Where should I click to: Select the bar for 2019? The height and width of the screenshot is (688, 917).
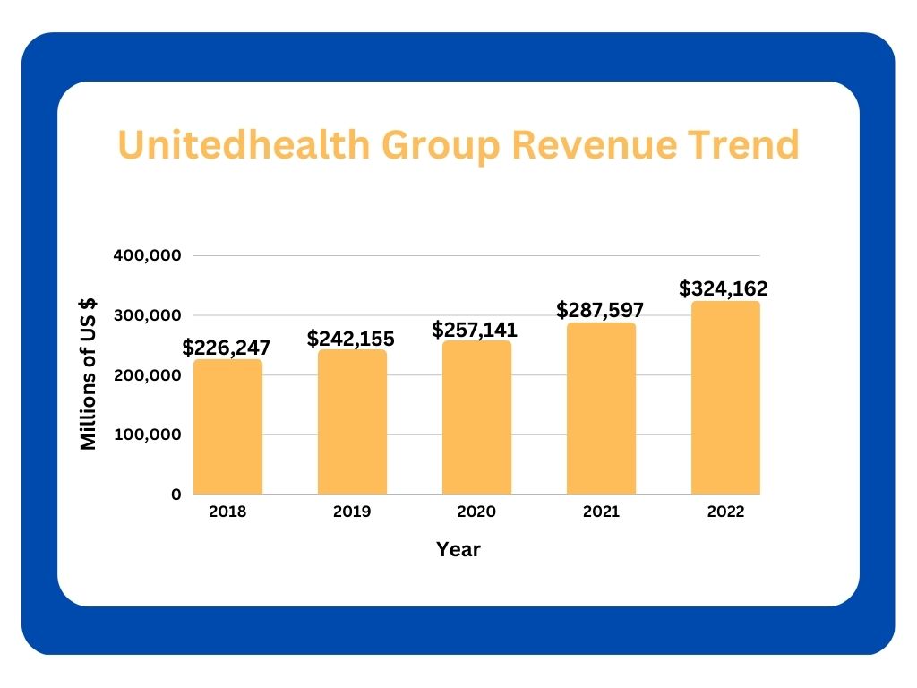point(352,422)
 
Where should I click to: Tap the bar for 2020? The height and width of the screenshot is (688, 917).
point(476,417)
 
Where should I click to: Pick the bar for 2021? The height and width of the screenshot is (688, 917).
point(601,408)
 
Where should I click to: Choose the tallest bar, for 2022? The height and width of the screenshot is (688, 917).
point(725,398)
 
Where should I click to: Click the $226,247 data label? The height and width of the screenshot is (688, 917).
point(227,348)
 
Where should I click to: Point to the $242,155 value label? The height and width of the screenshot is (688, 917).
point(351,339)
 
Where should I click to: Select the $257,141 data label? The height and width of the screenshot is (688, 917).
point(475,329)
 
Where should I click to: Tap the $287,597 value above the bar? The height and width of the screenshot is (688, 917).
point(601,310)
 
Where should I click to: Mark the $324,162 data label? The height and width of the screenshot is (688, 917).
point(724,288)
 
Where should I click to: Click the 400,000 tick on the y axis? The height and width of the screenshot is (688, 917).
point(148,255)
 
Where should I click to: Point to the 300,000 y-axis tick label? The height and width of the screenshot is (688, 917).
point(148,315)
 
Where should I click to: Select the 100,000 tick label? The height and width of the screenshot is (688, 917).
point(148,434)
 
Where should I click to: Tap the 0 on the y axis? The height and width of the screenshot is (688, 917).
point(176,494)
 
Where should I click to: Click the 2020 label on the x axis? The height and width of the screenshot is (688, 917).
point(476,512)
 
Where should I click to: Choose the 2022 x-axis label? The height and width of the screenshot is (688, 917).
point(725,512)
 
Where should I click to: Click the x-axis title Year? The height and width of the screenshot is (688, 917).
point(458,550)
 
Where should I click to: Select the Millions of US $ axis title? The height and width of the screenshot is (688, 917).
point(89,374)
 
